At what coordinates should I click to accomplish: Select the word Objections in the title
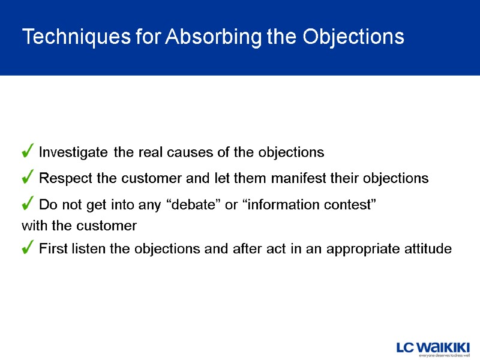[353, 37]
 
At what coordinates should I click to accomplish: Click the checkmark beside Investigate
[28, 152]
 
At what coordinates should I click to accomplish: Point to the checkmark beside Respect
[28, 178]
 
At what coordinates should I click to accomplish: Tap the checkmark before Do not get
[28, 205]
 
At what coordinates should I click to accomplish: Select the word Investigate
[74, 153]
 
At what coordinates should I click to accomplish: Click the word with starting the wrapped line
[33, 226]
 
